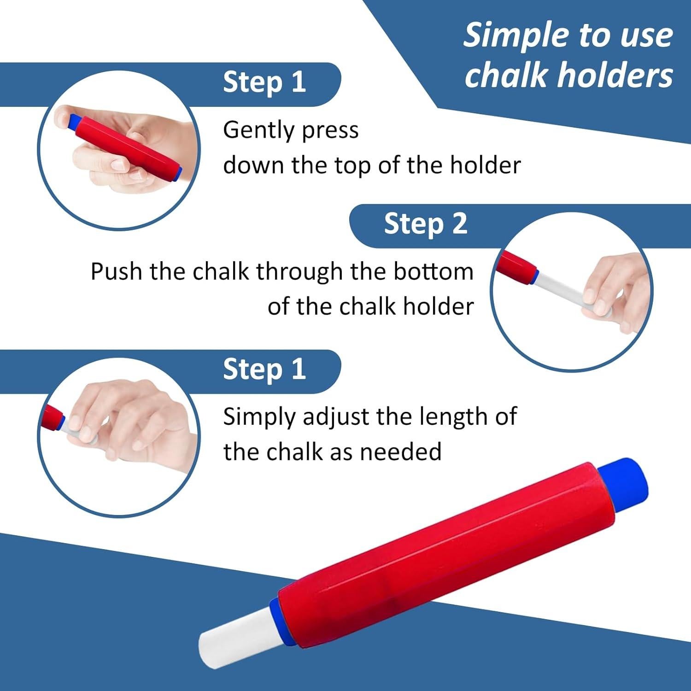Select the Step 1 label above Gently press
(264, 82)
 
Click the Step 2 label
(426, 224)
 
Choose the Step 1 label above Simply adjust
(264, 369)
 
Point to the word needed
(401, 451)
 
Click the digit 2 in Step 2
(459, 224)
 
